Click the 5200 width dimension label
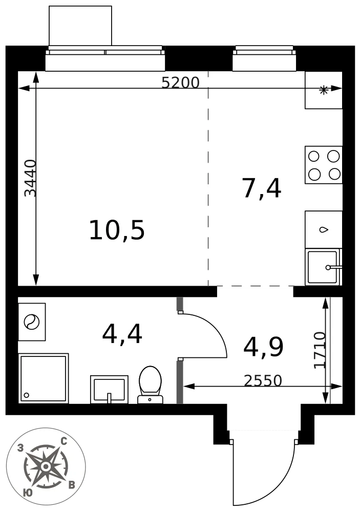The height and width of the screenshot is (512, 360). (x=180, y=83)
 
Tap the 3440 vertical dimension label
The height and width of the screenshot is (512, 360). (x=31, y=178)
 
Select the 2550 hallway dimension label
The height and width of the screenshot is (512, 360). (x=263, y=380)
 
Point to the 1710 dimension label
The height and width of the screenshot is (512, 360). (x=320, y=350)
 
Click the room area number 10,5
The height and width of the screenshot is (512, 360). (x=117, y=230)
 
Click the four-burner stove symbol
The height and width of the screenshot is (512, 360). (x=324, y=165)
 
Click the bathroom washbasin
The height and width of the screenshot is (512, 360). (x=109, y=389)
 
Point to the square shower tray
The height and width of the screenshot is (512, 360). (x=44, y=378)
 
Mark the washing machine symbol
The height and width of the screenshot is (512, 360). (x=32, y=322)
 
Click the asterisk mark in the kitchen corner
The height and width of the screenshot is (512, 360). (x=324, y=90)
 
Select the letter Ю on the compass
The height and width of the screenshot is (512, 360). (x=28, y=493)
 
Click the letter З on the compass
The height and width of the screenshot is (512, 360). (x=20, y=449)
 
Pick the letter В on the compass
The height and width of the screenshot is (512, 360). (x=72, y=485)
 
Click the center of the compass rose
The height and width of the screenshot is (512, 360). (x=46, y=466)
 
